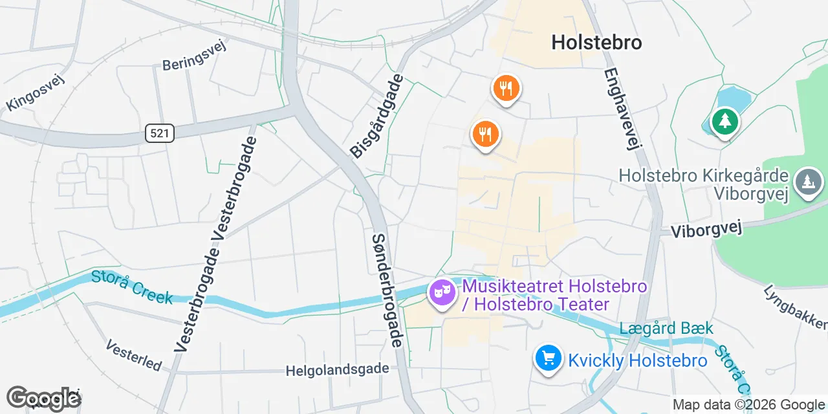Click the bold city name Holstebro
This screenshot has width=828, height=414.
point(596,43)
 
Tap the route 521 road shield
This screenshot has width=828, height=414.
point(159,134)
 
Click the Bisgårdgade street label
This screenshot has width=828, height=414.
point(376,116)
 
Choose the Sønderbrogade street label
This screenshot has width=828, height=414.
point(387,290)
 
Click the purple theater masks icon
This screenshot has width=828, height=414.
point(442,292)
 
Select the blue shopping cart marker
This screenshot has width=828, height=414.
point(549,357)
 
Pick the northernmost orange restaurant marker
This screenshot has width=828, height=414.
point(506,88)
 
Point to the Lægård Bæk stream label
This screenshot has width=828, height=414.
point(666,329)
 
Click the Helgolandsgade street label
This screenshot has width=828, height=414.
point(338,370)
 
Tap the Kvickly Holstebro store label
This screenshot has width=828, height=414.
point(637,360)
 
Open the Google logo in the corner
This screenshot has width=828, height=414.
point(43,398)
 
